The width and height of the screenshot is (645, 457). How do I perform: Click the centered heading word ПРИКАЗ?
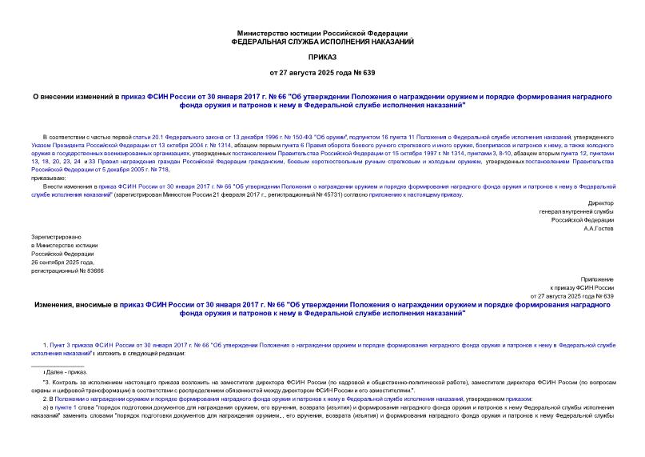pos(322,58)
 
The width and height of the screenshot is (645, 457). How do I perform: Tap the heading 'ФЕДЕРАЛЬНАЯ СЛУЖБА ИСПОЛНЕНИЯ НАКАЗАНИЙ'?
pos(322,41)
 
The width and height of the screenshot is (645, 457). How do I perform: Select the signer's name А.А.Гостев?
pos(596,228)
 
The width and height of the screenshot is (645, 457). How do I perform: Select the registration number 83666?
pos(93,271)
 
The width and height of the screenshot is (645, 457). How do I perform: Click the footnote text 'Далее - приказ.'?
pos(69,372)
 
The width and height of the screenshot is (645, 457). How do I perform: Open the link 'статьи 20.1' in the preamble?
pos(149,137)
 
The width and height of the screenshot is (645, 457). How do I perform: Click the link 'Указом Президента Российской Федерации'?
pos(80,145)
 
